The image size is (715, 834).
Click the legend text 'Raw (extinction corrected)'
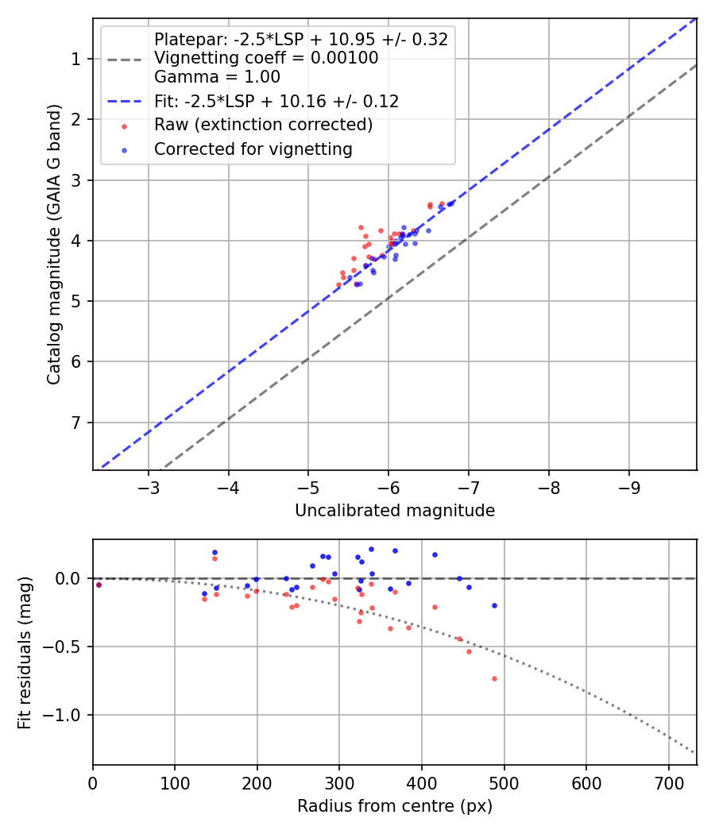(263, 125)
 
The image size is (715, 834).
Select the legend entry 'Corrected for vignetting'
(253, 149)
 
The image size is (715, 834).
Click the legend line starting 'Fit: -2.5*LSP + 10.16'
(276, 101)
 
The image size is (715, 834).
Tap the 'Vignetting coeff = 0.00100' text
(266, 58)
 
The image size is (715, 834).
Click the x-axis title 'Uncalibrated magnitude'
(395, 511)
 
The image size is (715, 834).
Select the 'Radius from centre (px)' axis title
(395, 806)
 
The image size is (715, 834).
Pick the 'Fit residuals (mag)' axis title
(25, 652)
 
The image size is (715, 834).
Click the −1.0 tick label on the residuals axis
(64, 715)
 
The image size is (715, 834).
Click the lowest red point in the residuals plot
(494, 678)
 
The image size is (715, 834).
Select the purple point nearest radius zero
(99, 585)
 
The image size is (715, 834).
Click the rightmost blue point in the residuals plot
(494, 605)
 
